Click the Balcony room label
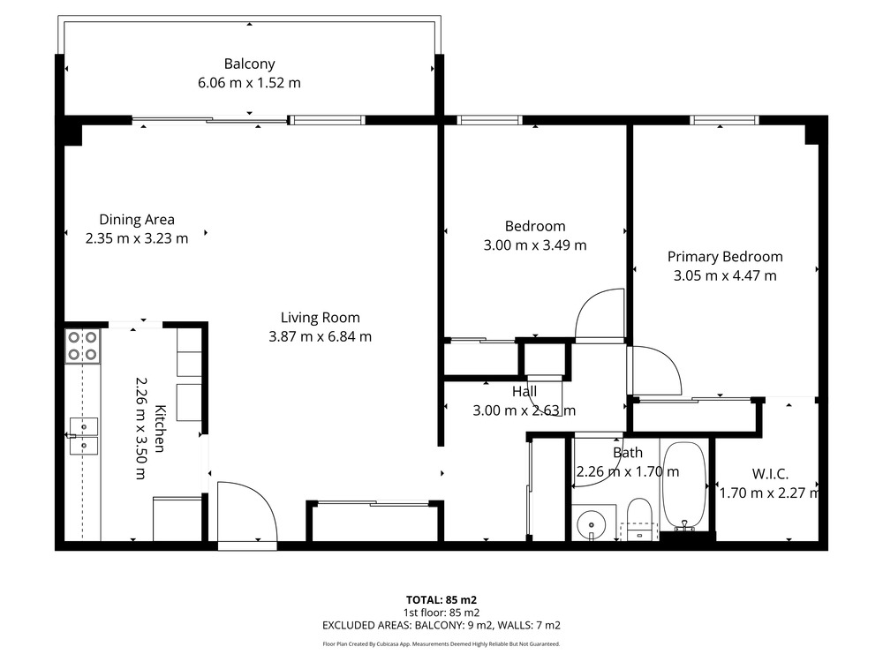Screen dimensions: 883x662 click(250, 64)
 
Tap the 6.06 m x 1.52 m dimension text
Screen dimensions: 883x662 click(250, 83)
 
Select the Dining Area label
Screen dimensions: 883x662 click(137, 220)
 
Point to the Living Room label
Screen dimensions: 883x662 click(321, 318)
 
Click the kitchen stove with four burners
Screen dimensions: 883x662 click(83, 346)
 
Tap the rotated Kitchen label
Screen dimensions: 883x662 click(160, 429)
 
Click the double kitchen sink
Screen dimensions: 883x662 click(83, 436)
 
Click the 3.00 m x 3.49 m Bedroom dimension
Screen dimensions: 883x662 click(535, 245)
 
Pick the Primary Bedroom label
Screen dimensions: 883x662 click(725, 257)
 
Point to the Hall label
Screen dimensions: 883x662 click(525, 392)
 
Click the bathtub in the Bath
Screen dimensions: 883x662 click(684, 486)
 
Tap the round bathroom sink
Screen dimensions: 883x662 click(591, 524)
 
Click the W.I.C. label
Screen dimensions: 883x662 click(770, 474)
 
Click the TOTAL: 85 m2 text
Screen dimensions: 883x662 click(441, 600)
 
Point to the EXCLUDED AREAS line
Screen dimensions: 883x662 click(441, 626)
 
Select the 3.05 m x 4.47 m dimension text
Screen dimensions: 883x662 click(725, 275)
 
